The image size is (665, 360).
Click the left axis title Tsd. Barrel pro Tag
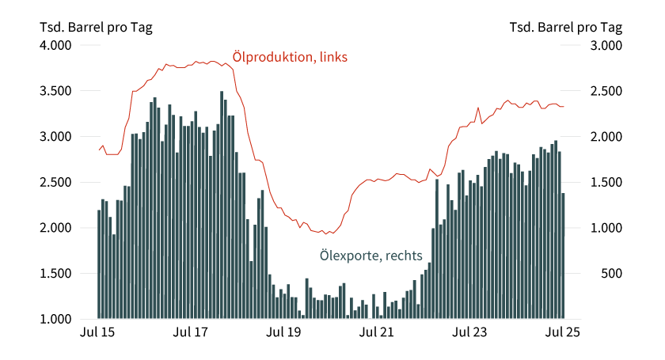click(96, 27)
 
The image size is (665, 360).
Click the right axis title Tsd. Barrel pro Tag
click(565, 27)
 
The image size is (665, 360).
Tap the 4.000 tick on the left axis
click(57, 45)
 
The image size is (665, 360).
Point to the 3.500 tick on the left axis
click(57, 91)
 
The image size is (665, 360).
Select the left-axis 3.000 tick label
click(57, 137)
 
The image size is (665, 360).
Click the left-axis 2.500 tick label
click(57, 182)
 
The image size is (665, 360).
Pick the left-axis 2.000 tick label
click(57, 228)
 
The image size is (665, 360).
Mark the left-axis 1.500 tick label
click(57, 274)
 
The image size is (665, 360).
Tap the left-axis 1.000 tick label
click(57, 319)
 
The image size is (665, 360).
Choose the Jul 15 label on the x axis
click(97, 334)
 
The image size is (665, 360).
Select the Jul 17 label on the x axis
click(190, 334)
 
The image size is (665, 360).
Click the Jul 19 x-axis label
click(283, 334)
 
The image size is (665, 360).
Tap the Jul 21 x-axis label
click(376, 334)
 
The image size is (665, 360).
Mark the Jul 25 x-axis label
click(562, 334)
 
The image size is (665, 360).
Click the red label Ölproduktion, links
click(290, 57)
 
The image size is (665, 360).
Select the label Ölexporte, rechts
click(370, 256)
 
